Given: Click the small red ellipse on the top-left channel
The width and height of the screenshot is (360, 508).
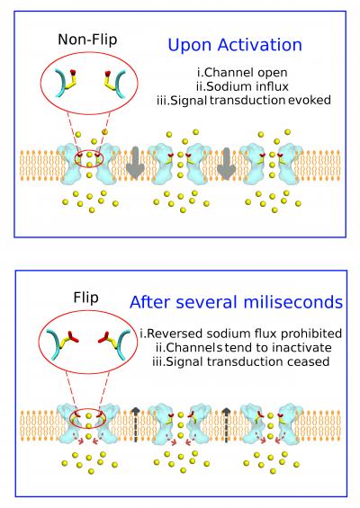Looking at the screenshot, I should [x=90, y=159].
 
